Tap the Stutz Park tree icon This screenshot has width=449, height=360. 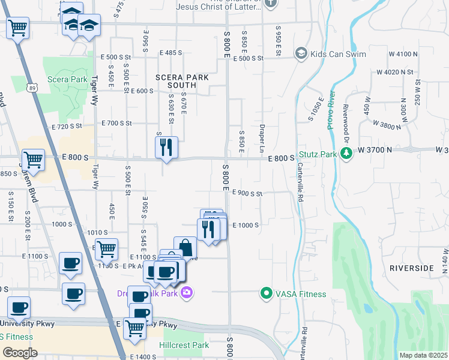click(346, 154)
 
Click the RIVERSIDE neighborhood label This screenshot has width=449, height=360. click(411, 268)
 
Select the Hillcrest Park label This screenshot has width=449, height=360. click(184, 345)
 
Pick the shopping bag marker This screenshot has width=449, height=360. click(185, 247)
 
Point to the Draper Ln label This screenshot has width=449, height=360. click(263, 138)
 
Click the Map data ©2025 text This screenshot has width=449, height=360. click(423, 355)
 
